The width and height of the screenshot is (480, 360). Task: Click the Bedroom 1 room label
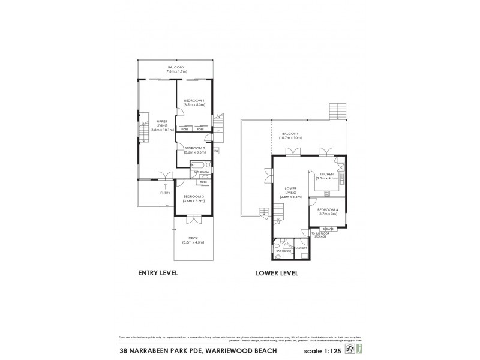195,103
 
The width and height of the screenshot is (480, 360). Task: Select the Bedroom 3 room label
194,199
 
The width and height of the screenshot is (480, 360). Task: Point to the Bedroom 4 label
328,211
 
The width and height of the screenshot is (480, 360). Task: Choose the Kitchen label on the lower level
327,175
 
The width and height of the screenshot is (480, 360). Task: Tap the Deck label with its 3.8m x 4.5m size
194,240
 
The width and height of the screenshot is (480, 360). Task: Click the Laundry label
302,248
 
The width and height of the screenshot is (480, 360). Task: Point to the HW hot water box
215,150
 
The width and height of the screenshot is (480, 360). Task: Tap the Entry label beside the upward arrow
166,193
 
